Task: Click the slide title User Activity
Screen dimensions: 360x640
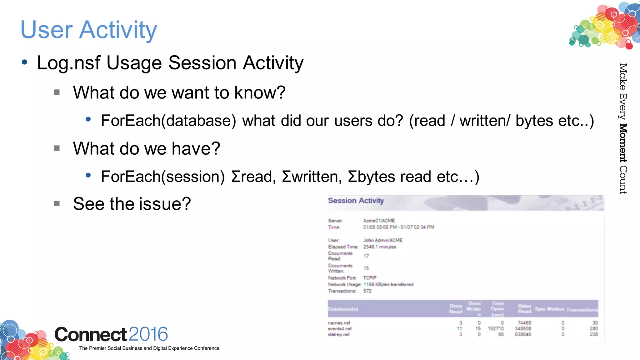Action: tap(89, 30)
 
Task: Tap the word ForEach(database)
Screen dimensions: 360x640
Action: tap(168, 121)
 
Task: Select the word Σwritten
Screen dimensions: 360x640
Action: tap(310, 177)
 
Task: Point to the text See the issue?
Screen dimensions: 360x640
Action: tap(132, 204)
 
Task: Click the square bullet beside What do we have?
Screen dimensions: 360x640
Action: tap(57, 148)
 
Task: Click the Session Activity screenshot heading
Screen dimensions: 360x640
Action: tap(356, 201)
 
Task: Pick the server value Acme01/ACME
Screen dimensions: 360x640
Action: tap(379, 221)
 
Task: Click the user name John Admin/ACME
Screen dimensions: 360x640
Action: tap(382, 240)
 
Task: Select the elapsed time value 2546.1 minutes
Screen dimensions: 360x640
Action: tap(379, 247)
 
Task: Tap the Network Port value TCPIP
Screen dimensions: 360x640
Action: tap(370, 278)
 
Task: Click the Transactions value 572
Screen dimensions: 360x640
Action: tap(367, 291)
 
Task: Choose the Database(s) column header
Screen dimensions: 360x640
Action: tap(343, 309)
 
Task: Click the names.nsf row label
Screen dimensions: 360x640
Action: tap(339, 323)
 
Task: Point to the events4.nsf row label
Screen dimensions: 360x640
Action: tap(339, 329)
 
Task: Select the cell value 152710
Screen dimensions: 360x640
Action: tap(496, 329)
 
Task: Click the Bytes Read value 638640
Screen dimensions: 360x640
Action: tap(523, 334)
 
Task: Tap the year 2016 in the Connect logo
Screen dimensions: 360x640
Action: tap(148, 334)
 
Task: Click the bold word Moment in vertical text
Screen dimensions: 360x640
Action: tap(623, 143)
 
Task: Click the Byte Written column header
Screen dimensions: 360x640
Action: tap(549, 309)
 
